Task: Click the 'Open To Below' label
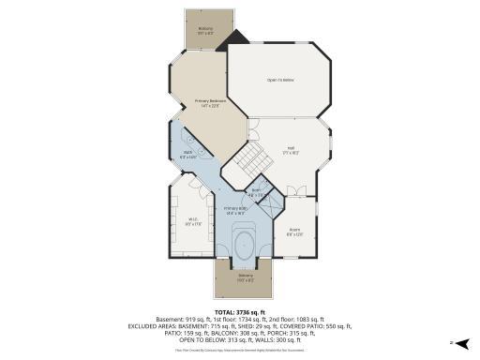click(280, 80)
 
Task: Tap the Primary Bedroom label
click(210, 102)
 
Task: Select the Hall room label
click(291, 149)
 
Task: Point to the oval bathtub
click(246, 242)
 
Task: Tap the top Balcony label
click(204, 30)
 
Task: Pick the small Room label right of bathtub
click(294, 232)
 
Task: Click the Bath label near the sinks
click(187, 155)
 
